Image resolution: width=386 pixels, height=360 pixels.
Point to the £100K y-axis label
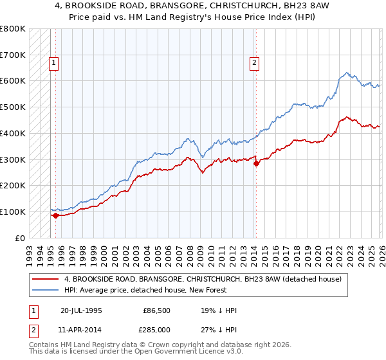click(13, 212)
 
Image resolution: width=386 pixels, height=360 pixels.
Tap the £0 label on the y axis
click(20, 238)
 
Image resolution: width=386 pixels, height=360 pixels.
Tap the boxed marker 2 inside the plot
click(255, 62)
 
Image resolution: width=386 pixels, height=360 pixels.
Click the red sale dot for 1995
click(56, 215)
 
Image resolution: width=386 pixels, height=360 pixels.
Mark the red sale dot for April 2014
click(256, 163)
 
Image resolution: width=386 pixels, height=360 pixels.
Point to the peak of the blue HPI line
click(347, 73)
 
